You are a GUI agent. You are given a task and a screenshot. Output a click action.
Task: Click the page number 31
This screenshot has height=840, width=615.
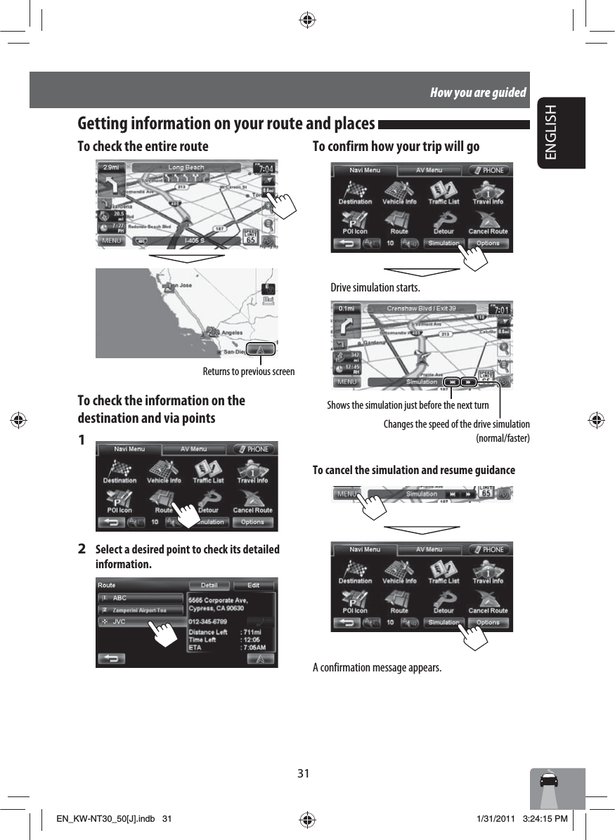click(x=303, y=773)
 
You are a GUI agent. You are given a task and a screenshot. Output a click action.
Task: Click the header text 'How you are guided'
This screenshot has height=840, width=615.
click(x=478, y=93)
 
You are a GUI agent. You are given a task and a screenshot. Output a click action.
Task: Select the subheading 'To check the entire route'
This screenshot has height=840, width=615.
click(x=143, y=146)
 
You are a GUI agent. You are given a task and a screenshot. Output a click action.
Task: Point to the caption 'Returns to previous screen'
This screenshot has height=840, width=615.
click(x=249, y=371)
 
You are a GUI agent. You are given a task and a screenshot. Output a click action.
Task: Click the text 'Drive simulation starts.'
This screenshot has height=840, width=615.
click(x=375, y=288)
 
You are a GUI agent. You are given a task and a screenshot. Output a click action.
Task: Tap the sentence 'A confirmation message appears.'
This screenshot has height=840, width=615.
click(x=377, y=667)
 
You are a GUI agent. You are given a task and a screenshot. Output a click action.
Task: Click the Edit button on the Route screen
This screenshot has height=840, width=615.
click(x=252, y=585)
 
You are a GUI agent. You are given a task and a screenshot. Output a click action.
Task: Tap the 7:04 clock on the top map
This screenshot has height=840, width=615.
click(x=267, y=169)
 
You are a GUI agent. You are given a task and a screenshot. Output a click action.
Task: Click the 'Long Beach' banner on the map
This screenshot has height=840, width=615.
click(x=186, y=168)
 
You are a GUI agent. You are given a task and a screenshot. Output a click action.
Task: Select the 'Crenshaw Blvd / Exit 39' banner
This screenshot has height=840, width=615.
click(x=421, y=308)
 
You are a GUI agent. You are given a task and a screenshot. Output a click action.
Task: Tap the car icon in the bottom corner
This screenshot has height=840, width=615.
click(x=548, y=782)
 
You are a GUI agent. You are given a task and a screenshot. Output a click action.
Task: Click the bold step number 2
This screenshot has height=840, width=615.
click(x=82, y=549)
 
